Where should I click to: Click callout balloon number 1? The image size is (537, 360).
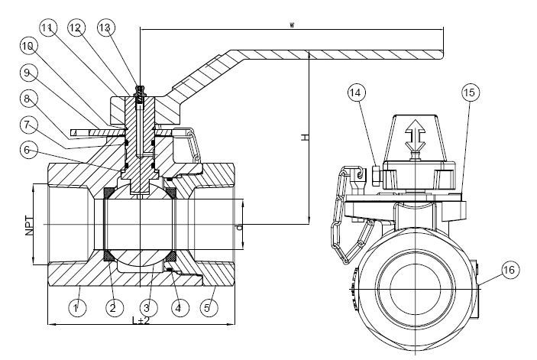[77, 307]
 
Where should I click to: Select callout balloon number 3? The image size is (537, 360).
[147, 307]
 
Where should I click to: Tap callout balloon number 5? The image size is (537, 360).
[209, 307]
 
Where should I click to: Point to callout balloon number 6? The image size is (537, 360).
[28, 149]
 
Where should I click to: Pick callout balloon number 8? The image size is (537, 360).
[28, 99]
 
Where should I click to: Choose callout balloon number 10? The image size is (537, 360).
[28, 46]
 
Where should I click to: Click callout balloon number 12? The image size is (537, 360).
[76, 28]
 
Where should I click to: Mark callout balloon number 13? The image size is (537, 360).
[106, 28]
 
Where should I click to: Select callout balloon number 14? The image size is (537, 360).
[357, 92]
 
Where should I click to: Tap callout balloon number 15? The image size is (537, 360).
[471, 92]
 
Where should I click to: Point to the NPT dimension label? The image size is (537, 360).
[30, 225]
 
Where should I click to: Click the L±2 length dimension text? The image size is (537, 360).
[141, 320]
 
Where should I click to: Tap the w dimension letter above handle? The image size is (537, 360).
[292, 24]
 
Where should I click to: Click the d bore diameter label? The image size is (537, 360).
[240, 227]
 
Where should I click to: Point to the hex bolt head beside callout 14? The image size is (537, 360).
[376, 176]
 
